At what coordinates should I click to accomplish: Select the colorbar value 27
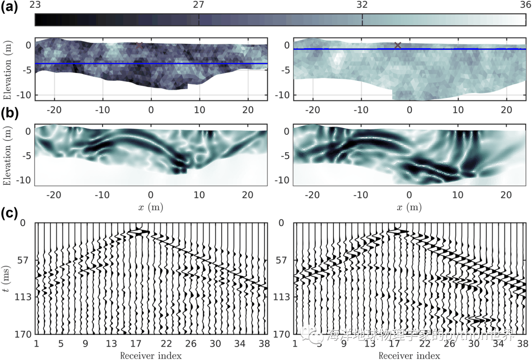199,5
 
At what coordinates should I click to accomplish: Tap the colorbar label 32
362,5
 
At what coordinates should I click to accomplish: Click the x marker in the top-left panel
139,45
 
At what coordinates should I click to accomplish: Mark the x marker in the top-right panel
398,45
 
